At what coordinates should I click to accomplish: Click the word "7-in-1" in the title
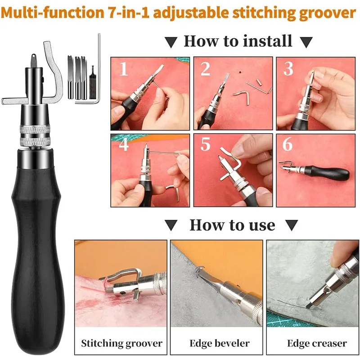129,13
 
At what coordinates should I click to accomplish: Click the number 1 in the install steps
124,68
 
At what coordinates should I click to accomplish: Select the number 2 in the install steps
205,68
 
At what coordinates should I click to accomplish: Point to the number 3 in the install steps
288,68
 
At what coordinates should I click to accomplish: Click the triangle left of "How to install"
171,42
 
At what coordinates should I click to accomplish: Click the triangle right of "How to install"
306,42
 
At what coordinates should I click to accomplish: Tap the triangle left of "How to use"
171,225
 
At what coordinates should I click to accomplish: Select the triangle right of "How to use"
292,225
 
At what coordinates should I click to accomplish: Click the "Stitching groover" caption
121,344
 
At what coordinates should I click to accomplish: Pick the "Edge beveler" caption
220,343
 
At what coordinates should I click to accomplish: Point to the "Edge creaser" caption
317,344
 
